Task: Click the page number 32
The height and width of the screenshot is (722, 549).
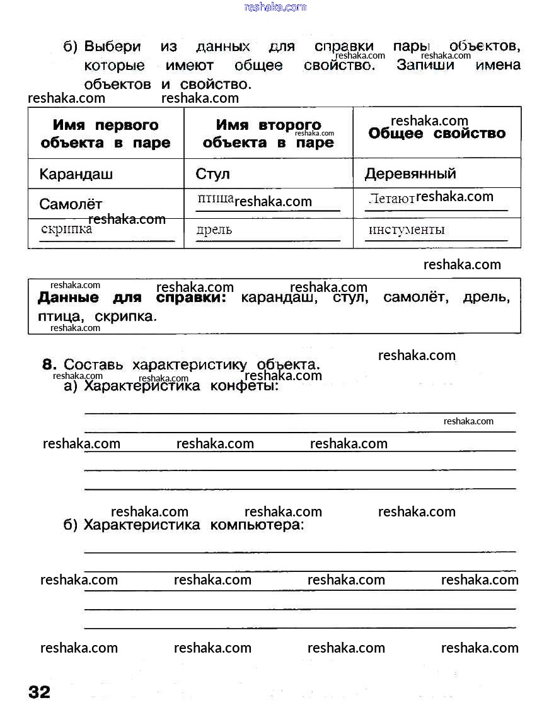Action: pos(39,692)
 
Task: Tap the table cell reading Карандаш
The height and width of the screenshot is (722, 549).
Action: pos(76,174)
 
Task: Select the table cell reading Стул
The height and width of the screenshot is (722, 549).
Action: pos(213,174)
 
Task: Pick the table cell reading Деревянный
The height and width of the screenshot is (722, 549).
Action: pos(410,174)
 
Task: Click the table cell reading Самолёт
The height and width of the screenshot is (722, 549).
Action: pos(71,204)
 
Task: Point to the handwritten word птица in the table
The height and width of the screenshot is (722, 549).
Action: pos(216,199)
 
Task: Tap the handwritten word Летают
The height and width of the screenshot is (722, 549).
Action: pos(391,199)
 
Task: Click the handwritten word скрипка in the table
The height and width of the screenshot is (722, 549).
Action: pos(66,229)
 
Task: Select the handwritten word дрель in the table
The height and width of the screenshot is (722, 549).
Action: pos(214,230)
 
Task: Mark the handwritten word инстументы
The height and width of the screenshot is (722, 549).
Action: pos(407,230)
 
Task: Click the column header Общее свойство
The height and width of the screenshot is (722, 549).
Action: pos(437,134)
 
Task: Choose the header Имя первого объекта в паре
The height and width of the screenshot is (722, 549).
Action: pos(105,134)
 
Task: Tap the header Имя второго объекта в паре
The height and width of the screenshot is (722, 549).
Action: pos(268,134)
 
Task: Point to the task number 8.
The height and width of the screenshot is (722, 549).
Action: pos(50,364)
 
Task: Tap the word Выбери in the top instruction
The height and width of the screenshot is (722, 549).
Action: pos(113,47)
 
